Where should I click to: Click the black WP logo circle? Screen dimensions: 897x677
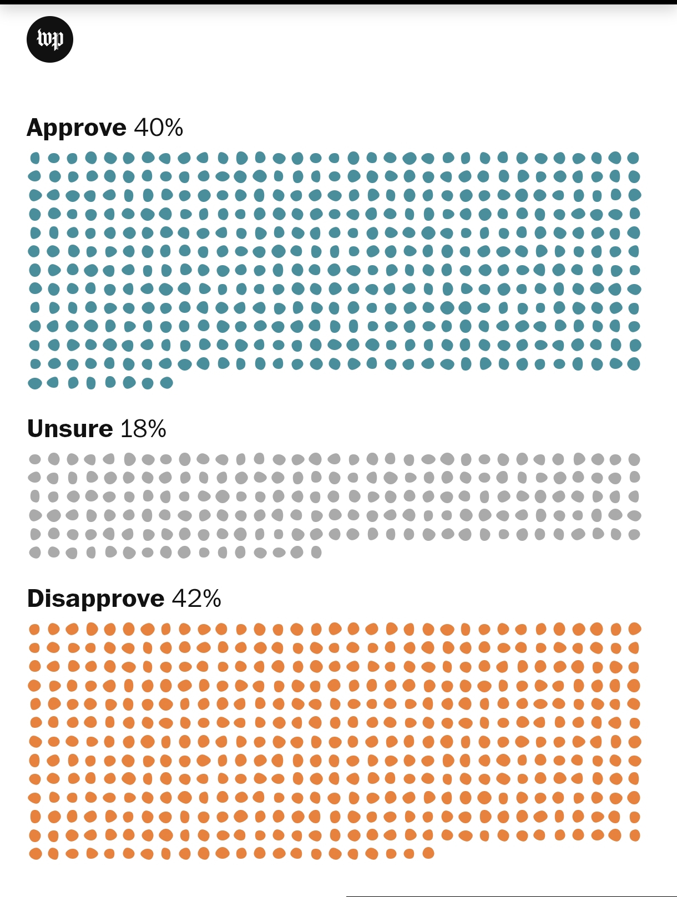point(50,39)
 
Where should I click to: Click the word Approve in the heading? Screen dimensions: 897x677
point(77,128)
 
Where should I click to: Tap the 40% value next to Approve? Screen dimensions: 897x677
point(158,128)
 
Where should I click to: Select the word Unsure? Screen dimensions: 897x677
point(70,429)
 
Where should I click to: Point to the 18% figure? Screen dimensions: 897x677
point(143,429)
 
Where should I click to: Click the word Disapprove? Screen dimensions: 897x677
point(95,599)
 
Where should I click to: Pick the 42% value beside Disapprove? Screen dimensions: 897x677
point(196,599)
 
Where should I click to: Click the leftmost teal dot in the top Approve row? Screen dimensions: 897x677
point(35,158)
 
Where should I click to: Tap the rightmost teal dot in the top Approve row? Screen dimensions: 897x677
point(633,158)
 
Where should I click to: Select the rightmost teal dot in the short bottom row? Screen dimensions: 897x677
point(166,383)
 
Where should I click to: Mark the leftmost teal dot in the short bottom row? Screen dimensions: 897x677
point(35,383)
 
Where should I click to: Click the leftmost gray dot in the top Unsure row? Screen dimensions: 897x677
point(35,459)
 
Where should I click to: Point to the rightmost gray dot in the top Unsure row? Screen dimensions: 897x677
point(634,459)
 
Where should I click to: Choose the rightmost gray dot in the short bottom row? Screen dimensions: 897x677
point(316,552)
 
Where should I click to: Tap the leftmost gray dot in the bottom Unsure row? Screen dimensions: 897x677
point(35,553)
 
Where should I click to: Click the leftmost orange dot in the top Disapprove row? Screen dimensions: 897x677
point(34,629)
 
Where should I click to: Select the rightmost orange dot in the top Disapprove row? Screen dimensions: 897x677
point(634,629)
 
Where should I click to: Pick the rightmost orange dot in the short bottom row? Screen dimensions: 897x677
point(428,853)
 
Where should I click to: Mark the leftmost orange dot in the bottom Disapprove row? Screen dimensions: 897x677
point(35,854)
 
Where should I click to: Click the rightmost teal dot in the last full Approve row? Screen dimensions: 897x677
point(633,364)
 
